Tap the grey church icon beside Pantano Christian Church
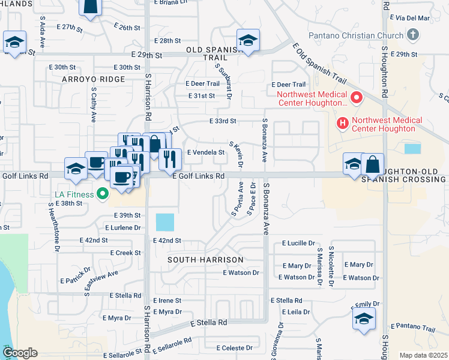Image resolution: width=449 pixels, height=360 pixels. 412,35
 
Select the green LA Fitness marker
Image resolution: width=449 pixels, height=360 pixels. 103,194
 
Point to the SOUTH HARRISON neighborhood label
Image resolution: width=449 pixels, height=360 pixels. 205,260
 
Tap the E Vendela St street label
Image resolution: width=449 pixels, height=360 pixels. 205,152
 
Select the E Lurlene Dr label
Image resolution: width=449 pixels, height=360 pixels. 122,228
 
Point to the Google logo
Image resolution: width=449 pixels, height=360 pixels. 19,353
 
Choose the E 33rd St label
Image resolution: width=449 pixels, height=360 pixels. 223,121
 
